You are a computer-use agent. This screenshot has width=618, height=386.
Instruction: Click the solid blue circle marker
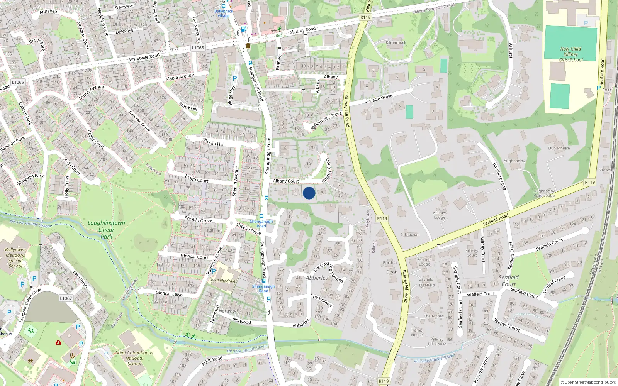click(x=309, y=193)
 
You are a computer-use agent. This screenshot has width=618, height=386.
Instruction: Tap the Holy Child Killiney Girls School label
click(x=570, y=54)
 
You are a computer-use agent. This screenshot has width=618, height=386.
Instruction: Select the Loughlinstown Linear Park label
click(x=106, y=230)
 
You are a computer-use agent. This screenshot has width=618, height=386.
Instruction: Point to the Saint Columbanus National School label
click(x=134, y=358)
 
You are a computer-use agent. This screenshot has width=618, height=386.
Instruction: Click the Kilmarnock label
click(x=396, y=42)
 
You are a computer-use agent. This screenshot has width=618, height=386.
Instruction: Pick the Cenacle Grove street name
click(x=379, y=98)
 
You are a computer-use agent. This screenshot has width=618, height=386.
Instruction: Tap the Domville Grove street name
click(x=328, y=119)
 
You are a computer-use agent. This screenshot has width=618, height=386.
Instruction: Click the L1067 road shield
click(x=66, y=298)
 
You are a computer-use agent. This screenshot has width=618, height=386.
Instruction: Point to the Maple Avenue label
click(x=180, y=77)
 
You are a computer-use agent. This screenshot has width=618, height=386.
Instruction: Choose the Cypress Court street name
click(x=139, y=121)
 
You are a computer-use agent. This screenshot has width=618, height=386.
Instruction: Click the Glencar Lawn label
click(x=169, y=293)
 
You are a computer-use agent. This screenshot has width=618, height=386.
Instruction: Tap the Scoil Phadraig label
click(x=223, y=281)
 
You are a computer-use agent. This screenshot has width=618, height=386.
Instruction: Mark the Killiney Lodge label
click(x=440, y=215)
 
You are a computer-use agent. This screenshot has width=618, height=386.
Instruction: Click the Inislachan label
click(x=410, y=235)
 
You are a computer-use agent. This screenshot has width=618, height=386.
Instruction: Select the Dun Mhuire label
click(x=559, y=148)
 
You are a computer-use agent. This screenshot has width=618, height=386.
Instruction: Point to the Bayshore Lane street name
click(x=499, y=176)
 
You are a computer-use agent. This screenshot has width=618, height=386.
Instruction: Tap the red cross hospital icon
click(x=58, y=342)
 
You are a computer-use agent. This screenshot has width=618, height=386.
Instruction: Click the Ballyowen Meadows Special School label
click(x=15, y=258)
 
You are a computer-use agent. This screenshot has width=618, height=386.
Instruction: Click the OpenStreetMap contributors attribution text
click(x=588, y=383)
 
